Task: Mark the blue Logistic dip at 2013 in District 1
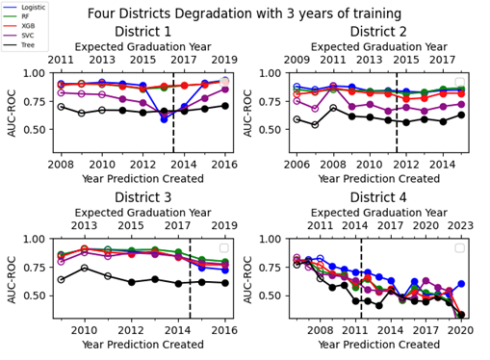(164, 118)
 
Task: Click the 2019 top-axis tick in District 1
(225, 60)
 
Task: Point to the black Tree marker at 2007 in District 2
(316, 125)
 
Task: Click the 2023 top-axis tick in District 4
(461, 226)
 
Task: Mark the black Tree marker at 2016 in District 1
(225, 106)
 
